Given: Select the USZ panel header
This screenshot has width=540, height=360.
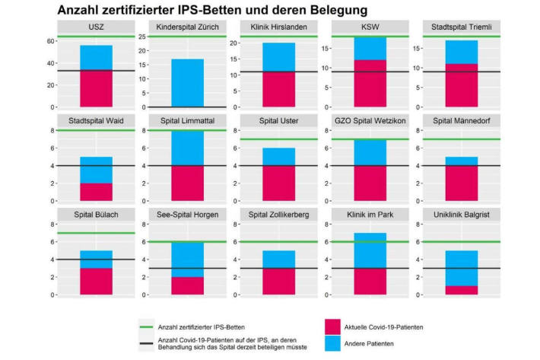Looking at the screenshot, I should point(95,28).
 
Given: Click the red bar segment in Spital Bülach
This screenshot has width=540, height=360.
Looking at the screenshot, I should point(95,281).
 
